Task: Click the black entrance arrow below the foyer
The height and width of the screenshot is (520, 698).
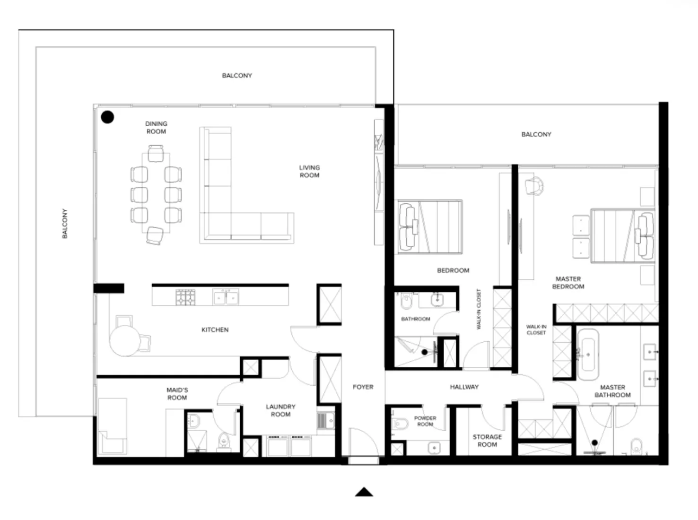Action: click(x=364, y=493)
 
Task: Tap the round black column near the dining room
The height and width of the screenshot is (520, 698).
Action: click(x=108, y=117)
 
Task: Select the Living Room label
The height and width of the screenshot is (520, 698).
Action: click(x=309, y=171)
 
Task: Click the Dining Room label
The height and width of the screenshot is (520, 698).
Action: click(x=156, y=128)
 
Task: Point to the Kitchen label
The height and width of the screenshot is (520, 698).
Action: click(x=215, y=329)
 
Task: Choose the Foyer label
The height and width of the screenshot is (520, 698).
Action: click(x=363, y=387)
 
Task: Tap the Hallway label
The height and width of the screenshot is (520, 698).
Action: click(x=464, y=387)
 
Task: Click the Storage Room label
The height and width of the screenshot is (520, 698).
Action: click(x=487, y=441)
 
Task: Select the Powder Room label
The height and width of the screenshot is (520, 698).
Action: click(x=425, y=421)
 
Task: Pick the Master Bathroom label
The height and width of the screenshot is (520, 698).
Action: click(x=612, y=391)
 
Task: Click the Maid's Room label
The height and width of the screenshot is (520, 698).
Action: click(x=177, y=394)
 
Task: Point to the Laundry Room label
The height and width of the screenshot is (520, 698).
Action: click(x=280, y=410)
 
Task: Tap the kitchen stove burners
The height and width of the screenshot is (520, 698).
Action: click(x=185, y=297)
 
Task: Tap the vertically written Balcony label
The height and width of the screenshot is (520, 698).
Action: click(x=65, y=224)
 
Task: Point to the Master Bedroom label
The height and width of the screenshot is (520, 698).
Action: click(x=568, y=283)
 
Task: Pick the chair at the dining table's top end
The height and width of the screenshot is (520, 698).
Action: click(x=156, y=154)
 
